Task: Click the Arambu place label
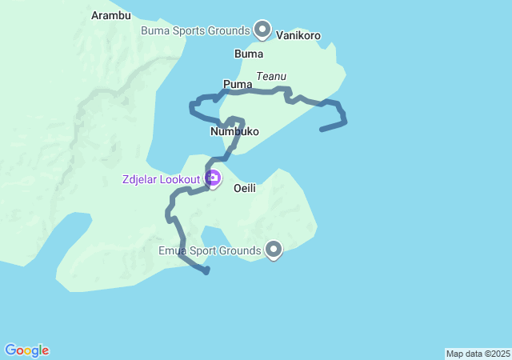coord(111,15)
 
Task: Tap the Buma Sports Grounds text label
coord(195,31)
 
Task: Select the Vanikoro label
coord(298,35)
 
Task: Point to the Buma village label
coord(248,54)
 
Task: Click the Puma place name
coord(238,84)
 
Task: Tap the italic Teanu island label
coord(271,76)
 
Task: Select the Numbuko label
coord(234,131)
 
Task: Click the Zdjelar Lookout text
coord(161,179)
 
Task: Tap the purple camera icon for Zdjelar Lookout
coord(213,178)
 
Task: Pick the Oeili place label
coord(244,189)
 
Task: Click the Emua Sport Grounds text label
coord(210,251)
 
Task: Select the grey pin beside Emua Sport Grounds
coord(274,250)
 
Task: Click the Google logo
coord(27,350)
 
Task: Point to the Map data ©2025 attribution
coord(478,354)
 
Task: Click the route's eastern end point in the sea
coord(322,129)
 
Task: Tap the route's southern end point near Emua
coord(206,272)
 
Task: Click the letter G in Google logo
coord(11,350)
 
